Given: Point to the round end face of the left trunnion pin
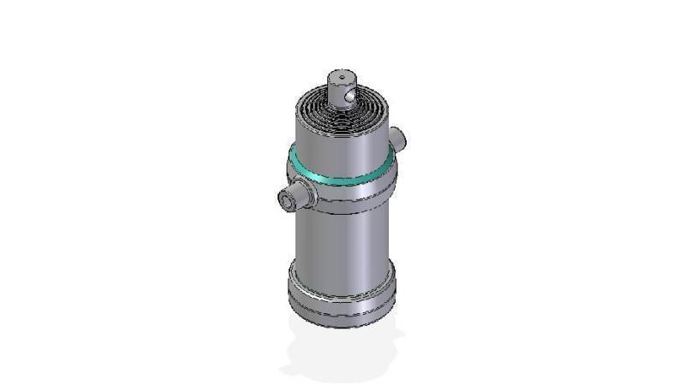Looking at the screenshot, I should (x=285, y=200).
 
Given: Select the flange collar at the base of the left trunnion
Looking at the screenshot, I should (x=307, y=194).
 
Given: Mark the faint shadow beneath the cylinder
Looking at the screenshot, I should (x=342, y=355).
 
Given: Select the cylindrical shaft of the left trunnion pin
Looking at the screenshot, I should (x=295, y=198).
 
